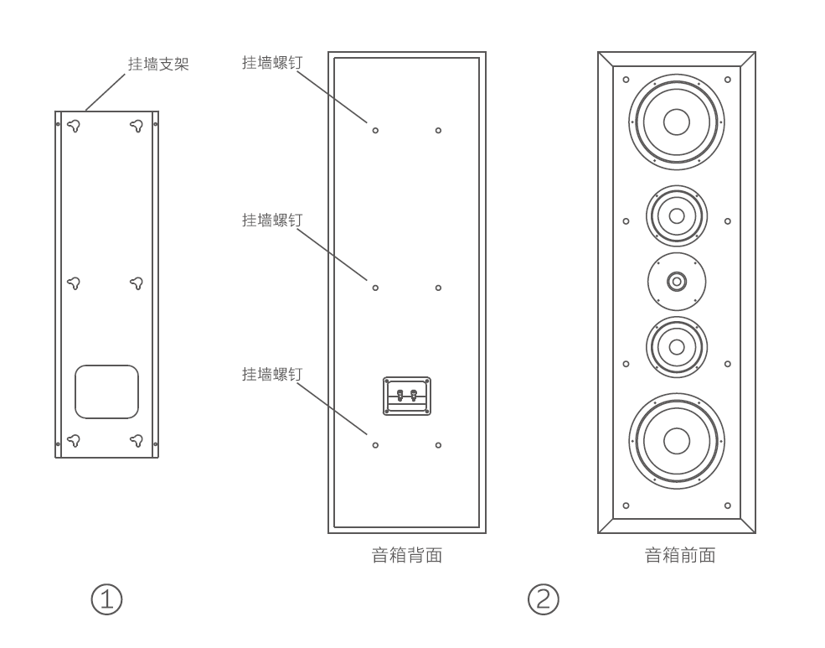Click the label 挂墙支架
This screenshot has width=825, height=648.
pos(157,64)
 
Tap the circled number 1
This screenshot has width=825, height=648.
pos(106,599)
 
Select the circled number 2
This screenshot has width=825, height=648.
pos(543,599)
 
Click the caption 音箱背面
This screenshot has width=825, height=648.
pos(406,555)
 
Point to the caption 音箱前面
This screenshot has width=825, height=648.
pos(679,555)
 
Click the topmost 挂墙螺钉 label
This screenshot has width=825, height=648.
pos(271,63)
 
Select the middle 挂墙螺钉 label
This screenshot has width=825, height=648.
pos(271,220)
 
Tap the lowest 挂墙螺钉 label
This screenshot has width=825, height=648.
pos(271,374)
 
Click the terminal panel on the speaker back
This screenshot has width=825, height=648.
pos(407,396)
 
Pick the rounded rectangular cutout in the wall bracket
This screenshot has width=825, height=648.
pos(106,391)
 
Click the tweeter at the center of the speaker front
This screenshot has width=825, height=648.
pos(677,281)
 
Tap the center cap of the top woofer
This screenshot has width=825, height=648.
pos(677,122)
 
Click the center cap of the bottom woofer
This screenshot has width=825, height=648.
pos(677,440)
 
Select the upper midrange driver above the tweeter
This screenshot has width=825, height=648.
pos(677,215)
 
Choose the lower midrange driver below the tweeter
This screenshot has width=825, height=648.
pos(677,346)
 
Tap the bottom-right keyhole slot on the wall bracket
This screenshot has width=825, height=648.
pos(137,439)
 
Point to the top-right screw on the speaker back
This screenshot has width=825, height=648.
pos(438,131)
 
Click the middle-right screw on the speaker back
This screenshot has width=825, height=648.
pos(438,288)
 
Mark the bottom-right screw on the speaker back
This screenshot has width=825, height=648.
pos(438,445)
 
